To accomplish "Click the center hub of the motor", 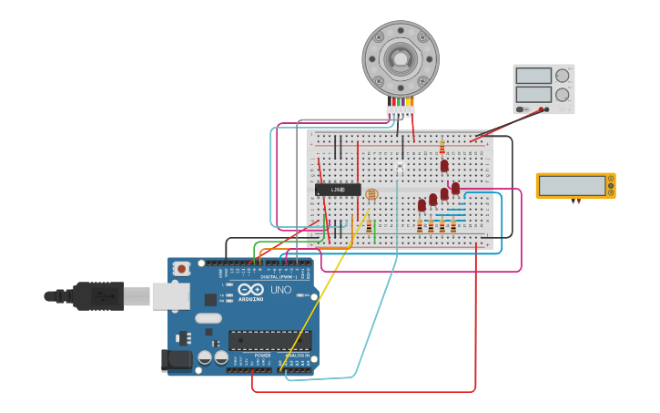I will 401,59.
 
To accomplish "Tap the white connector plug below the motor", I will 400,110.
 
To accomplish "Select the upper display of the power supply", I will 533,76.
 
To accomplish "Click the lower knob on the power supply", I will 562,95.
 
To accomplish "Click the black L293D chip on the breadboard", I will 338,190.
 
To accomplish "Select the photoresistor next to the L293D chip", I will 371,194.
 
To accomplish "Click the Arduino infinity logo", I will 250,290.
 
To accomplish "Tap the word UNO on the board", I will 280,290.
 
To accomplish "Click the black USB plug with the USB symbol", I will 97,295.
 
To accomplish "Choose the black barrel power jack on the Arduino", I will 178,361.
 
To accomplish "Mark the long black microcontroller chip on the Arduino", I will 270,341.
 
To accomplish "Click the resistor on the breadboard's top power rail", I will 442,147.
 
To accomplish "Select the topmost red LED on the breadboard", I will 444,166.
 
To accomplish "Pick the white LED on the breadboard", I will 400,170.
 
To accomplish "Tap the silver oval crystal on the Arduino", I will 208,318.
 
